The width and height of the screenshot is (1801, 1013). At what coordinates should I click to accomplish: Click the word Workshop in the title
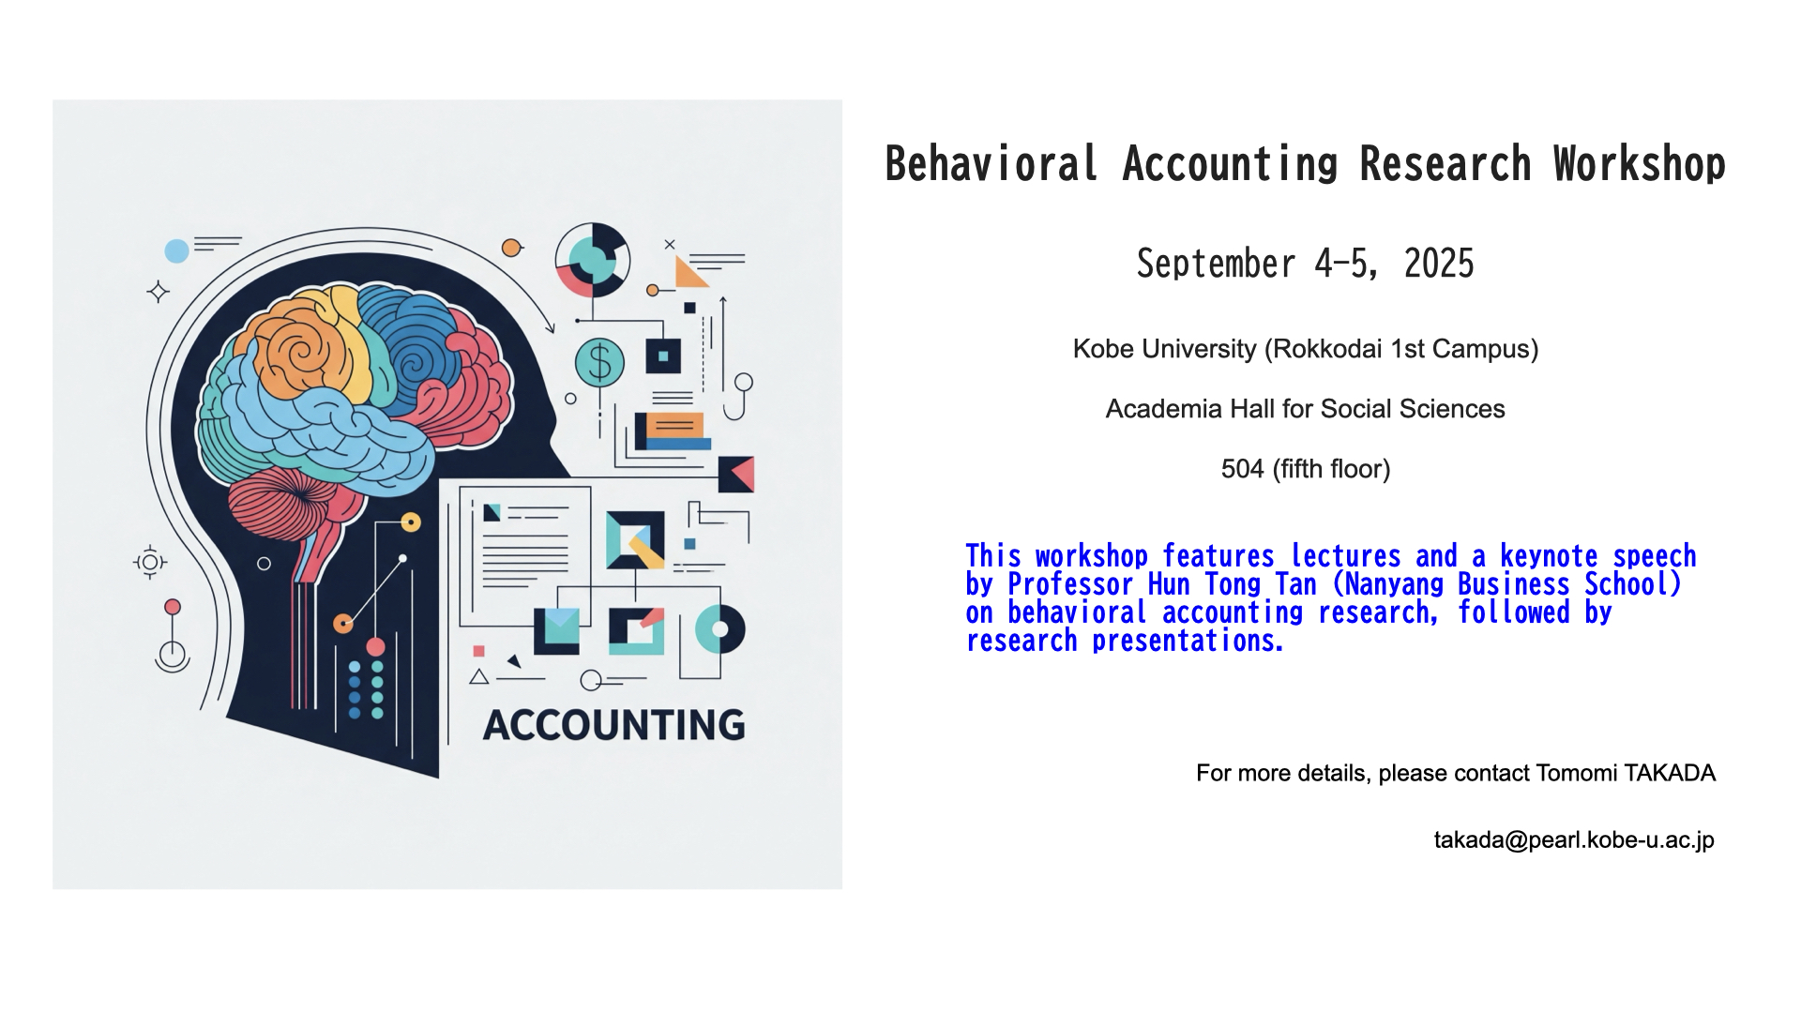[x=1639, y=164]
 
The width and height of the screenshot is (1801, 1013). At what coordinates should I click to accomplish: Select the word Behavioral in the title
[x=991, y=164]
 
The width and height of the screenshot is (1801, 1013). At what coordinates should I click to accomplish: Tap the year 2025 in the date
[x=1439, y=264]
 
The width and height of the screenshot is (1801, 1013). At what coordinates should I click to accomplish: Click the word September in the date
[x=1217, y=264]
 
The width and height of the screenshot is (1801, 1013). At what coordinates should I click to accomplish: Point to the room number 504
[x=1243, y=469]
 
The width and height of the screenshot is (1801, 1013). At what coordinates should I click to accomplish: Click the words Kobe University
[x=1164, y=349]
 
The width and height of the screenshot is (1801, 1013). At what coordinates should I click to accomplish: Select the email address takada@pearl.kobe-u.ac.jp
[x=1574, y=840]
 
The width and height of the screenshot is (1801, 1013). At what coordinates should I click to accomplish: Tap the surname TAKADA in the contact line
[x=1670, y=773]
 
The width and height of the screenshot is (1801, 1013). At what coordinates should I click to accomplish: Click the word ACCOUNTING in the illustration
[x=614, y=725]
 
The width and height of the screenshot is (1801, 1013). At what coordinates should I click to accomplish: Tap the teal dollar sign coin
[x=599, y=362]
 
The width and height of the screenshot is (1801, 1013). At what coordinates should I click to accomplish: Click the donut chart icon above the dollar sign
[x=592, y=260]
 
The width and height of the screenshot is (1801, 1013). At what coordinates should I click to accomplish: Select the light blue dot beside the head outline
[x=176, y=250]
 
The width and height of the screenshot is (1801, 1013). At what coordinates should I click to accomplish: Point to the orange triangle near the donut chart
[x=689, y=273]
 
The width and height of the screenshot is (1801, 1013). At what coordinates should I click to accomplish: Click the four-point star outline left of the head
[x=158, y=292]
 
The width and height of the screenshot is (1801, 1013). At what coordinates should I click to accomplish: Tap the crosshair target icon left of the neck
[x=150, y=563]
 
